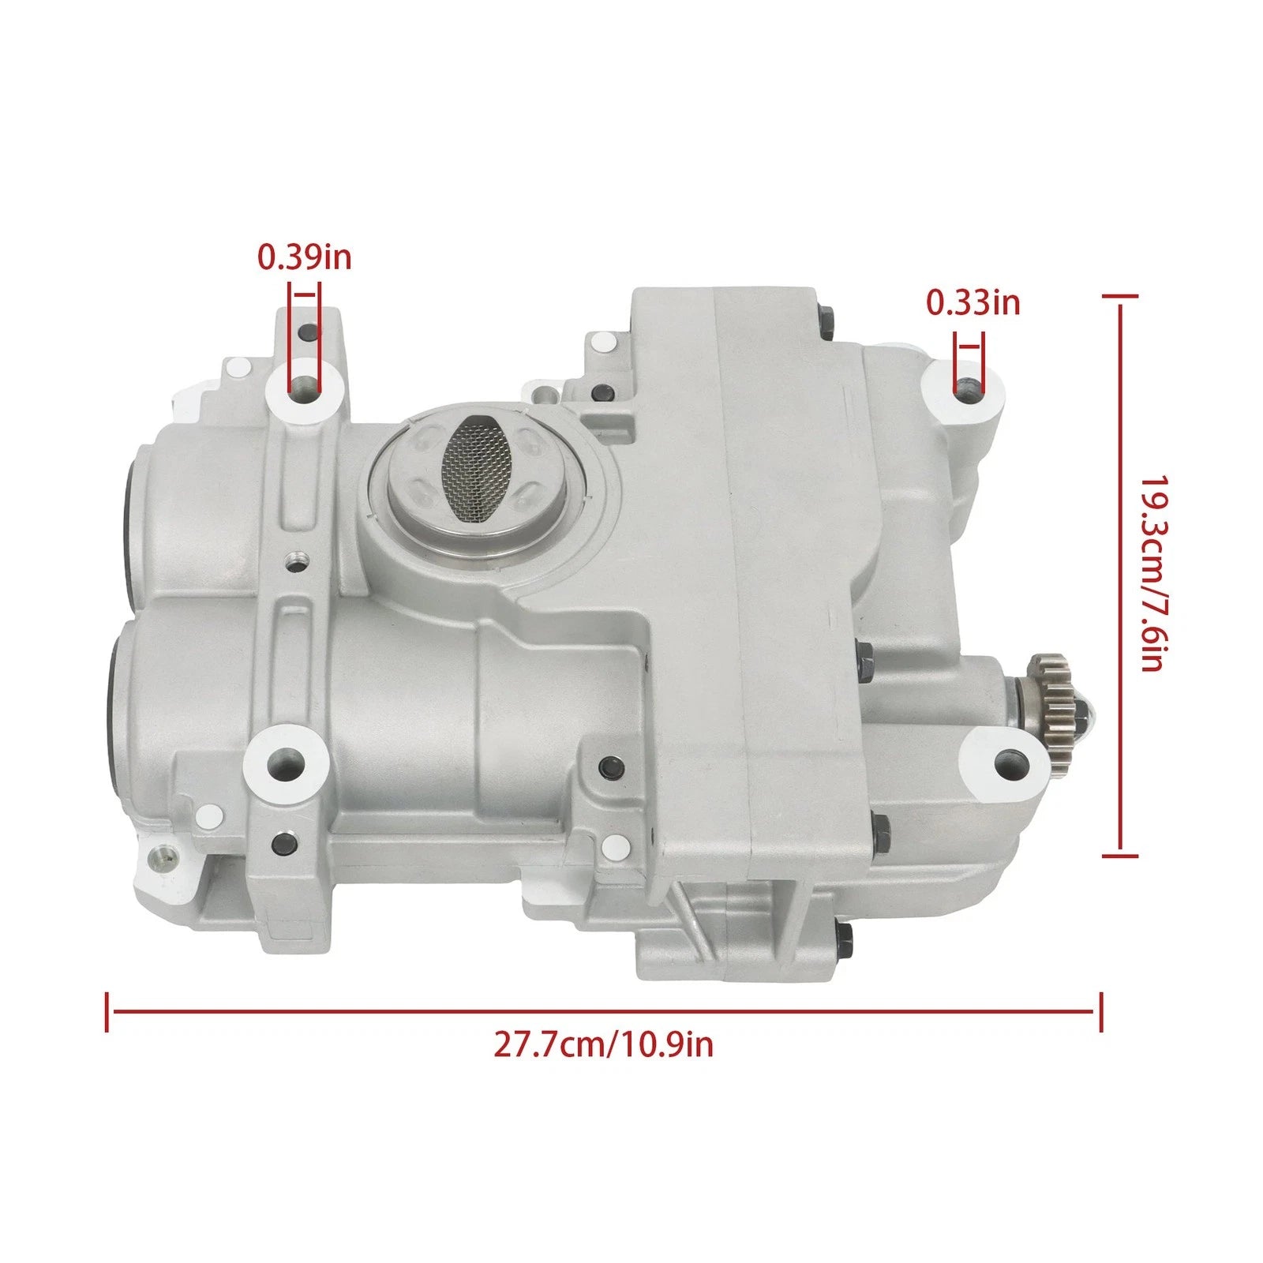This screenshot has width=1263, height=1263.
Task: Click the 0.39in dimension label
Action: (305, 257)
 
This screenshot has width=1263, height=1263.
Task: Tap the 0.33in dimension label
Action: (973, 302)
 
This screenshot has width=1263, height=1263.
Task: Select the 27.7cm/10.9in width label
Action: (604, 1044)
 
